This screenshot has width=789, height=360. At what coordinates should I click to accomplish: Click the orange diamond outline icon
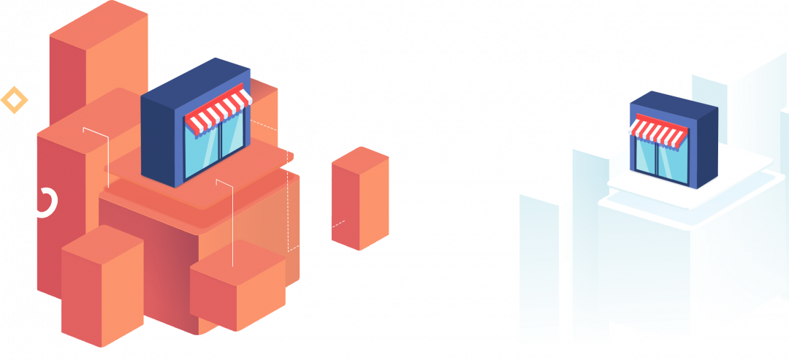tap(13, 100)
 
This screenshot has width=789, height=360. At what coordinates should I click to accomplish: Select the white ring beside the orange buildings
tap(45, 202)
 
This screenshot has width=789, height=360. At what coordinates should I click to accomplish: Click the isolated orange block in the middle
tap(359, 199)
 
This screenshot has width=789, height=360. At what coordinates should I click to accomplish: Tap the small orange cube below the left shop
tap(237, 288)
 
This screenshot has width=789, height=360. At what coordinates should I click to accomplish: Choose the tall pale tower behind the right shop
tap(738, 95)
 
